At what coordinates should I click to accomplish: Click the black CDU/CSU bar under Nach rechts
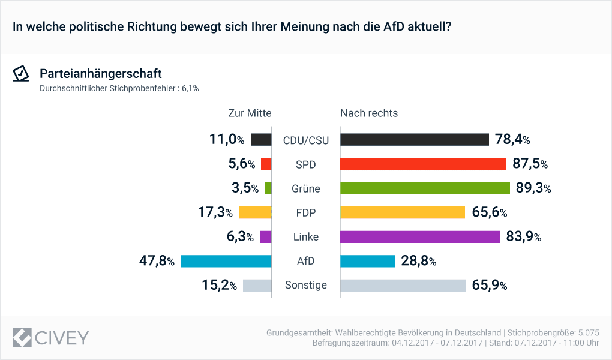415,140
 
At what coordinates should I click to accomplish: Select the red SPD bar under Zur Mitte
266,164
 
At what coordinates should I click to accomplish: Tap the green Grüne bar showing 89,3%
425,188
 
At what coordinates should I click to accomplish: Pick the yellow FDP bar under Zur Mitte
255,212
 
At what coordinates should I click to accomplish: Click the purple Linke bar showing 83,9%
420,237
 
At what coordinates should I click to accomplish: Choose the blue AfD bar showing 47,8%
226,261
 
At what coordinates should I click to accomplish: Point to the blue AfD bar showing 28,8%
367,261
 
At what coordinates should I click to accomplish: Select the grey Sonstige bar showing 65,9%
403,285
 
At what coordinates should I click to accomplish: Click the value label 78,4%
512,140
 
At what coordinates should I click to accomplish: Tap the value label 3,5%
245,188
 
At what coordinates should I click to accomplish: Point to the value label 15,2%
220,285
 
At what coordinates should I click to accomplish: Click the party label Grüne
306,188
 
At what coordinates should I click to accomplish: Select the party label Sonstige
306,285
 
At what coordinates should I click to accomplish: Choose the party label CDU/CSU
306,140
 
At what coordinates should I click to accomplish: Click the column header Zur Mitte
250,113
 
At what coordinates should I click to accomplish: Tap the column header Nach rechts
369,113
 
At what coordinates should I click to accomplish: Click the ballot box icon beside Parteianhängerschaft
22,73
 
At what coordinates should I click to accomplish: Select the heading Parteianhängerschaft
100,73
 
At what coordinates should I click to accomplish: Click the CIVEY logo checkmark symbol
22,337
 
